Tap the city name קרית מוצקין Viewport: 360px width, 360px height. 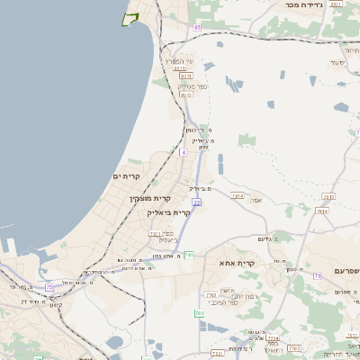pos(149,197)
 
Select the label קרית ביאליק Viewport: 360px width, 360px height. pos(168,212)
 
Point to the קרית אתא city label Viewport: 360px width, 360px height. pos(238,263)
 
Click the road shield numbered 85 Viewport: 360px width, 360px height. pos(196,27)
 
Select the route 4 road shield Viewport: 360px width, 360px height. pos(183,152)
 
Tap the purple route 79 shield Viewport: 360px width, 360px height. pos(317,275)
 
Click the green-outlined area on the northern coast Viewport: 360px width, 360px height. pos(130,19)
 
